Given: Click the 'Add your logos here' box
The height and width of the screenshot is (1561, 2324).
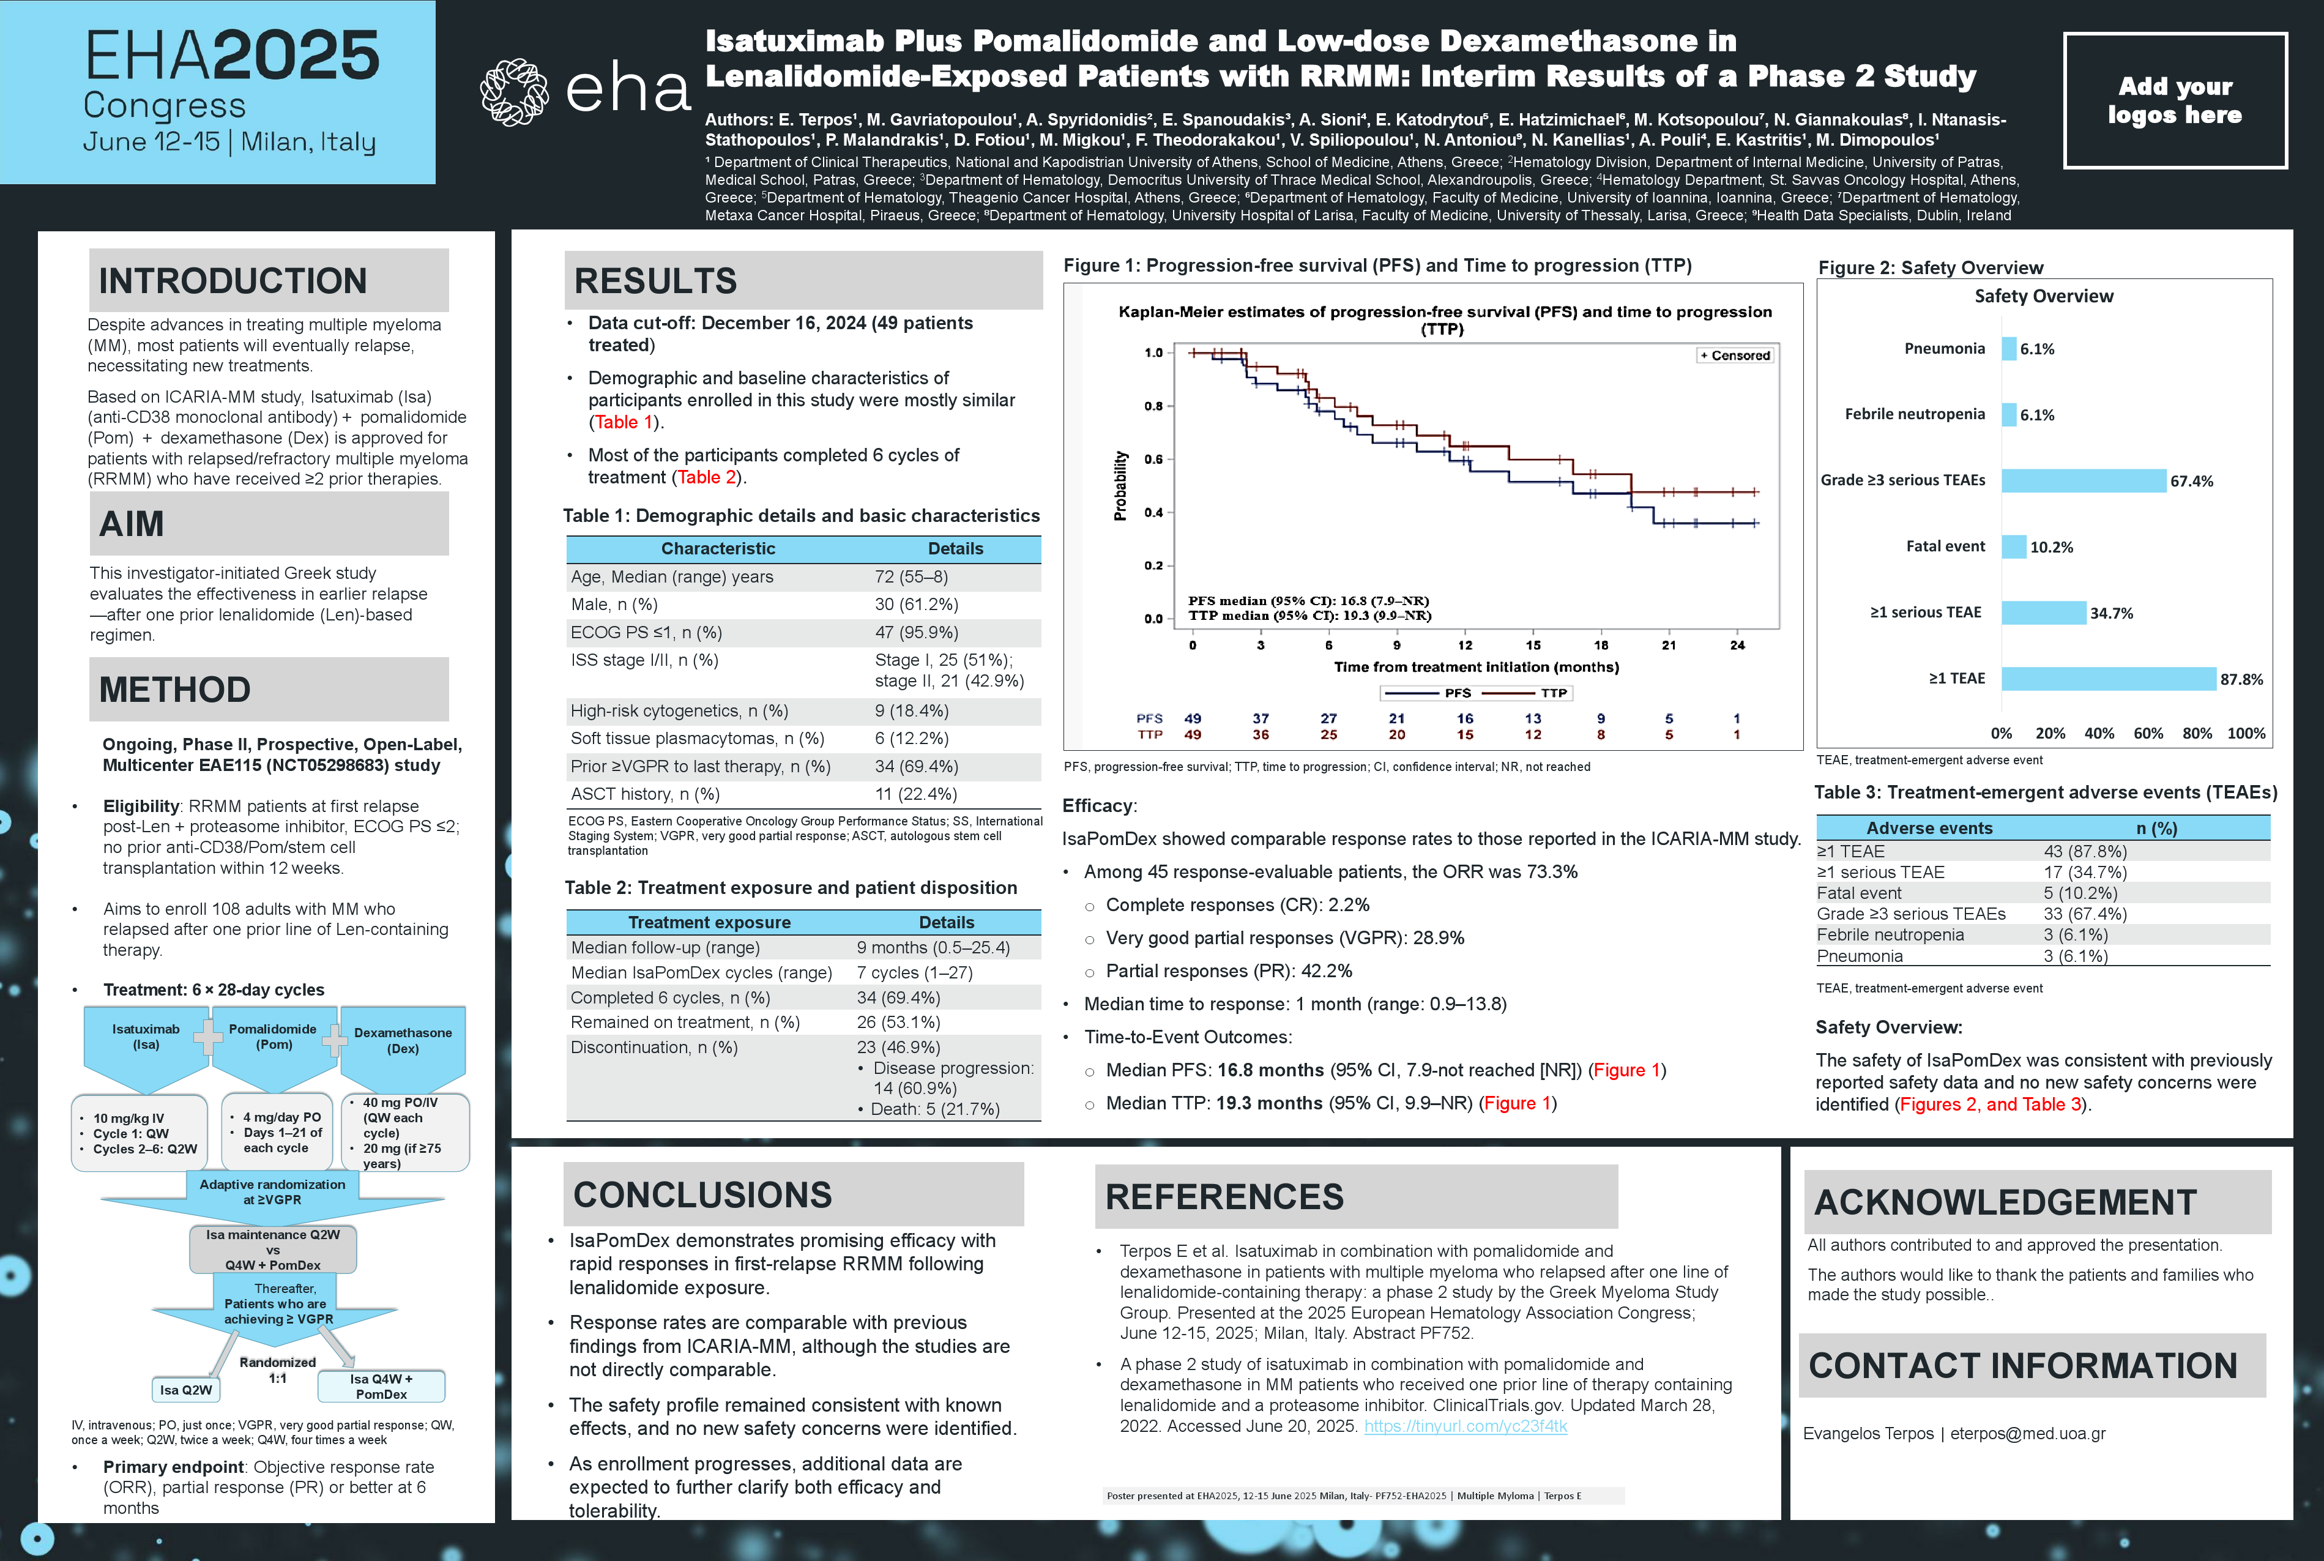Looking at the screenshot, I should [x=2175, y=100].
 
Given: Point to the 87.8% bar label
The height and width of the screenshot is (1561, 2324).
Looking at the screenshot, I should [x=2241, y=679].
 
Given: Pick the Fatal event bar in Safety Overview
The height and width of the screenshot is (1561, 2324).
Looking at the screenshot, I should [x=2014, y=546].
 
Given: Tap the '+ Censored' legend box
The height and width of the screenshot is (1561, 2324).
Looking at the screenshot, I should [x=1735, y=356].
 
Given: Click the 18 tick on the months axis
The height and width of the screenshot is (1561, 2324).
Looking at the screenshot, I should [x=1600, y=645].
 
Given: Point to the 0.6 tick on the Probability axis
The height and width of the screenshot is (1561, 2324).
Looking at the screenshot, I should [x=1153, y=459].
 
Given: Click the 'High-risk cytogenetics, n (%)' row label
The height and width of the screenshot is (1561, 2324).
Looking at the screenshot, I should [x=679, y=711].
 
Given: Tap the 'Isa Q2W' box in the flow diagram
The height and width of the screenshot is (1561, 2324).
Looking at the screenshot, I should [x=186, y=1390].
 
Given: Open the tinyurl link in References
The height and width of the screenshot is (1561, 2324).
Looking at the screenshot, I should [x=1465, y=1426].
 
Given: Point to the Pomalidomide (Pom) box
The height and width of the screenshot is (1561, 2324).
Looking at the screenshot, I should [x=273, y=1037].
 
